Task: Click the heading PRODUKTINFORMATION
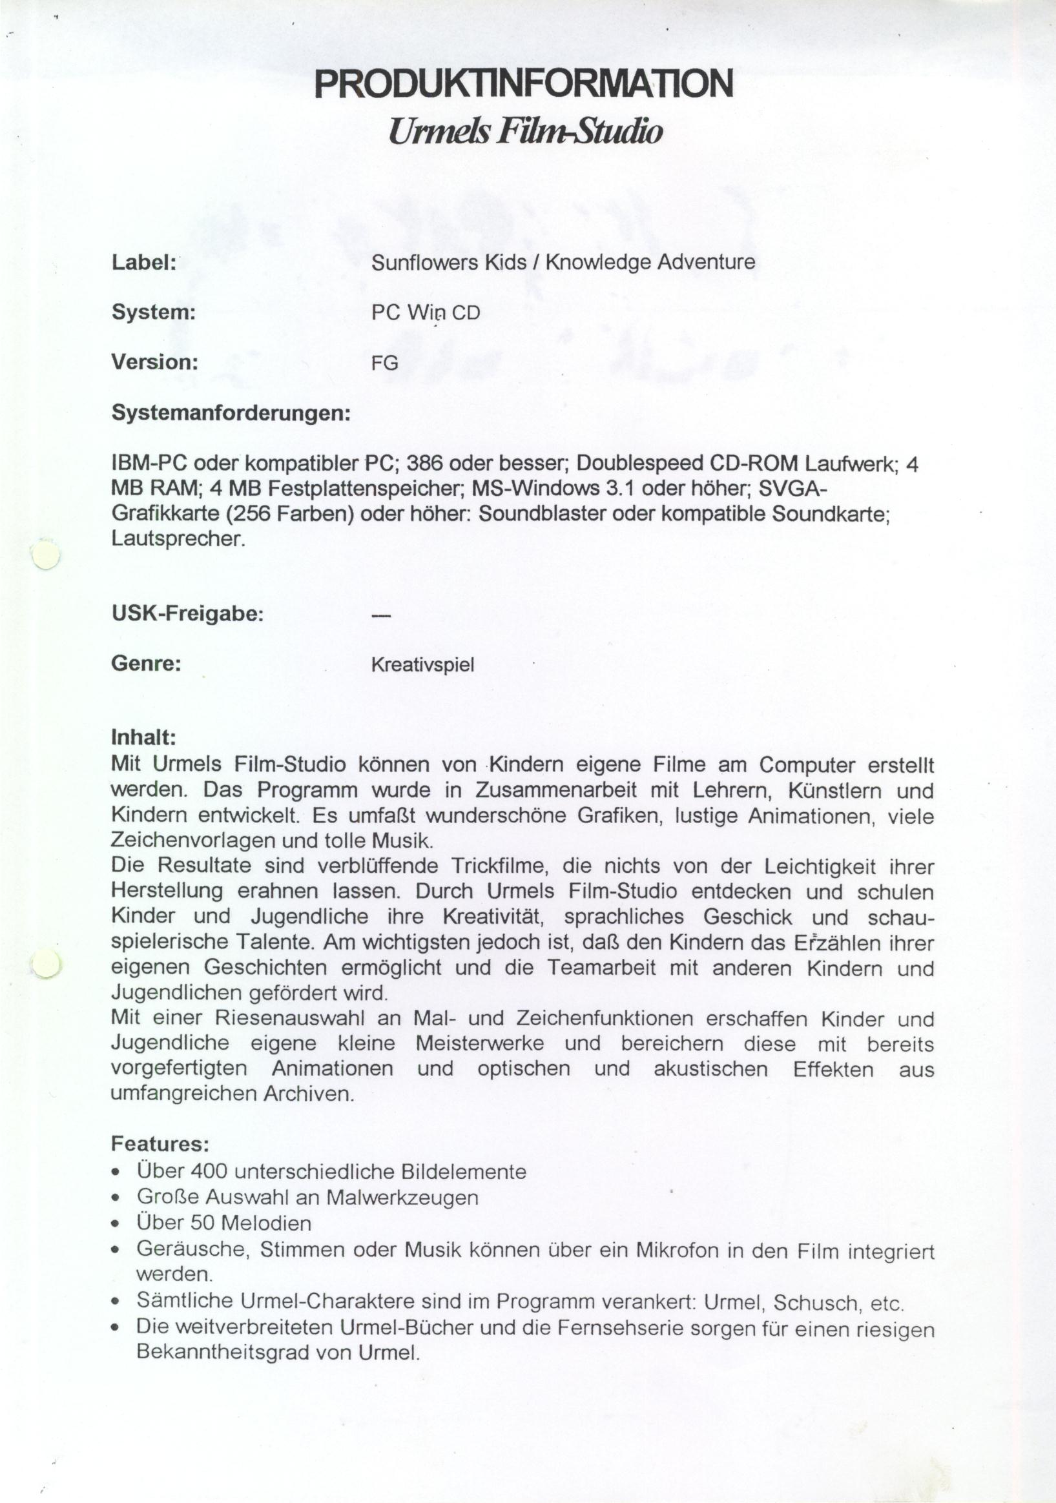(x=524, y=83)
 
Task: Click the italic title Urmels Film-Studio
(x=524, y=131)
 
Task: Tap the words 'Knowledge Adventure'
(x=650, y=263)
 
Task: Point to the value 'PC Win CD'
(x=426, y=313)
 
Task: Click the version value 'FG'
(x=384, y=363)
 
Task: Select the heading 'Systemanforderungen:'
(x=231, y=414)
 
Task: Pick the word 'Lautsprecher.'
(x=178, y=538)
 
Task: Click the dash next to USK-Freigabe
(x=380, y=615)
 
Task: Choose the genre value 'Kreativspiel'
(x=422, y=665)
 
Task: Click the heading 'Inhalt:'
(x=143, y=738)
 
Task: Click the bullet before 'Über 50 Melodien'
(x=116, y=1225)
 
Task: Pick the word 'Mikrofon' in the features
(x=677, y=1251)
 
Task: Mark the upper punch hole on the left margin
(x=45, y=555)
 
